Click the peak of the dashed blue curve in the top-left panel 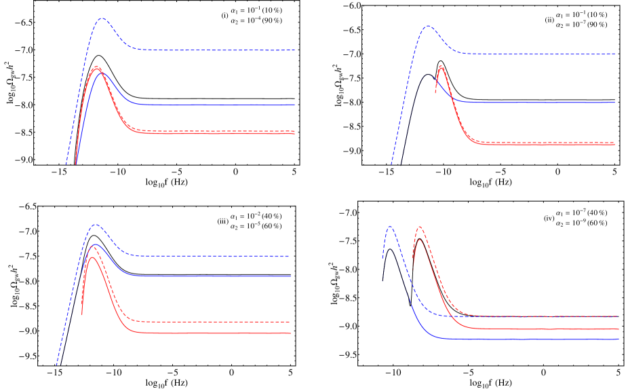tap(102, 18)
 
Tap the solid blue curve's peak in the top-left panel tap(102, 72)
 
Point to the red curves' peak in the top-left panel tap(97, 67)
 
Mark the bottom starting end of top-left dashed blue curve tap(66, 164)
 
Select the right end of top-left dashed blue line tap(295, 50)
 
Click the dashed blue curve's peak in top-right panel tap(428, 26)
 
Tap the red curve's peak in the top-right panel tap(441, 66)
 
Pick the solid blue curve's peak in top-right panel tap(427, 75)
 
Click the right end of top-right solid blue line tap(614, 102)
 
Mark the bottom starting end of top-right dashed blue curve tap(391, 164)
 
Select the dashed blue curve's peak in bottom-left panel tap(96, 224)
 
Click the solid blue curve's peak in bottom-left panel tap(96, 244)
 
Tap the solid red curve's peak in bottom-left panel tap(92, 257)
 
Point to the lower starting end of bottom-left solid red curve tap(82, 314)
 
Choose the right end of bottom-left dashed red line tap(290, 322)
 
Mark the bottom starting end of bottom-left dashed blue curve tap(56, 365)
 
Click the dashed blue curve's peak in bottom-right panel tap(390, 225)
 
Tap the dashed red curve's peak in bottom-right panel tap(420, 227)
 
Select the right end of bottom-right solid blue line tap(619, 338)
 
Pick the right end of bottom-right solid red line tap(619, 329)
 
